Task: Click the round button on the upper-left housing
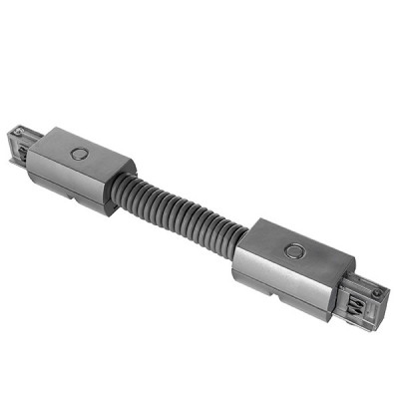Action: pyautogui.click(x=79, y=155)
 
